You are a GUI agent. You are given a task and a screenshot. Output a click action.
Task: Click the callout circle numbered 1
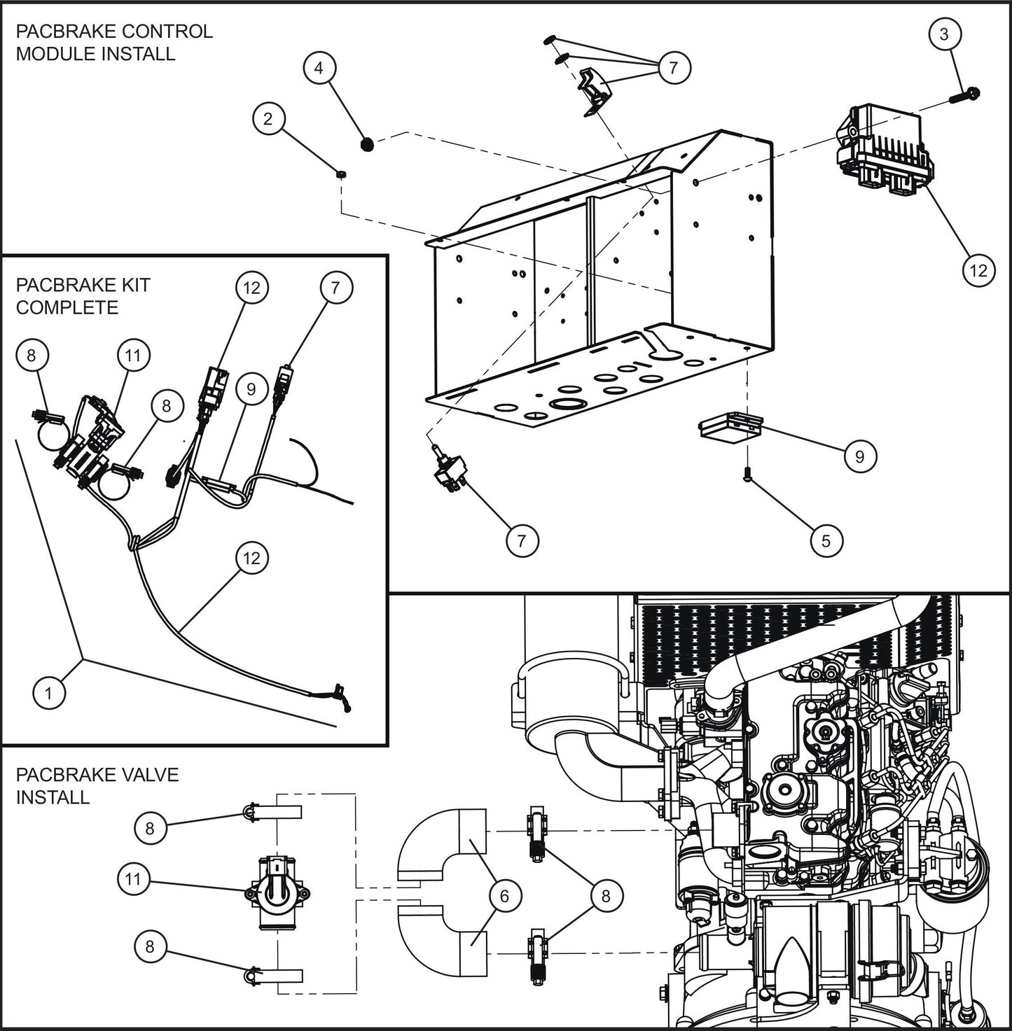48,693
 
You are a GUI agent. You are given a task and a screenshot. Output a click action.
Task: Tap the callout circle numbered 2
268,119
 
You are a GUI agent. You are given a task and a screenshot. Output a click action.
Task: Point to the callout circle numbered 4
319,69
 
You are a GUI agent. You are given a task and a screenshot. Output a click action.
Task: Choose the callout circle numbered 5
826,541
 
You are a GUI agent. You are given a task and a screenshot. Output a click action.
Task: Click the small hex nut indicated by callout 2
340,173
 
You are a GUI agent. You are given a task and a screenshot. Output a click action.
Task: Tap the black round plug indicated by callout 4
366,144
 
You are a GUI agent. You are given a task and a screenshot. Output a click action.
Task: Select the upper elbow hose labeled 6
448,843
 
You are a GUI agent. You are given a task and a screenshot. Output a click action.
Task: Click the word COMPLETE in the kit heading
67,307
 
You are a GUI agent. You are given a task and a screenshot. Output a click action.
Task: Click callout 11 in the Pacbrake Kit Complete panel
133,356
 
